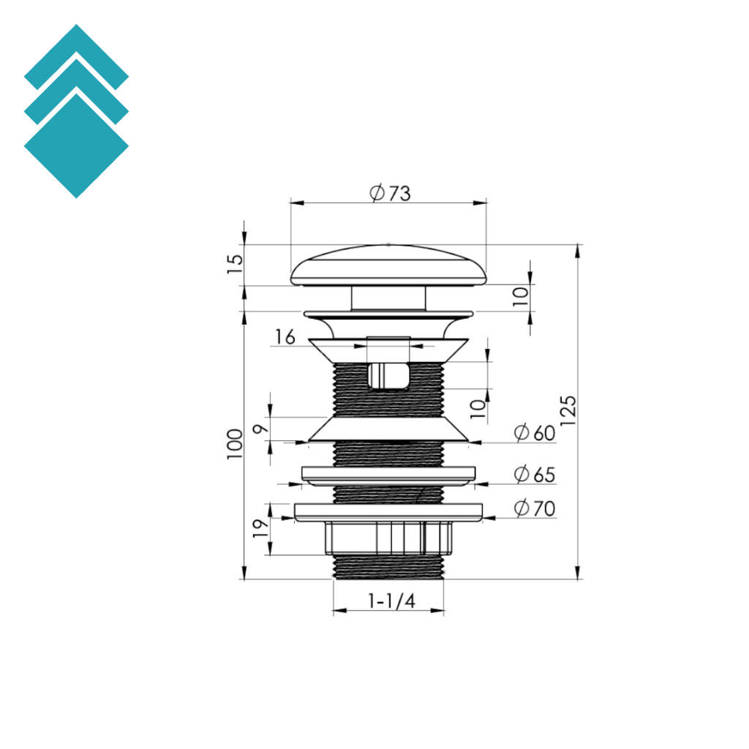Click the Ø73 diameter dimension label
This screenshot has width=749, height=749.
point(390,193)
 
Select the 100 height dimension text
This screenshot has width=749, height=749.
point(235,444)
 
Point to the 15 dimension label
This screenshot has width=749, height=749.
point(235,264)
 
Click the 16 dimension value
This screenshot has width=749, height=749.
point(285,336)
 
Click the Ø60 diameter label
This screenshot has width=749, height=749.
point(535,433)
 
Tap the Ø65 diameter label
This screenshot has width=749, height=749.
point(535,475)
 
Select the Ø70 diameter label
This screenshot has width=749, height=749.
point(535,508)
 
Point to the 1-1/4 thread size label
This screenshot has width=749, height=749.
point(391,601)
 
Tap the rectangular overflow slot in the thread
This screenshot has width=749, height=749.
point(388,376)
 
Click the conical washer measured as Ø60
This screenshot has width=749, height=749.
point(388,430)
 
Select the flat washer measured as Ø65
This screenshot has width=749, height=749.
point(388,475)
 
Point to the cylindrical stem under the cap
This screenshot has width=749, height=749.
point(388,298)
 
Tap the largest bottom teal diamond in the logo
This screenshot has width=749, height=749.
point(76,146)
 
